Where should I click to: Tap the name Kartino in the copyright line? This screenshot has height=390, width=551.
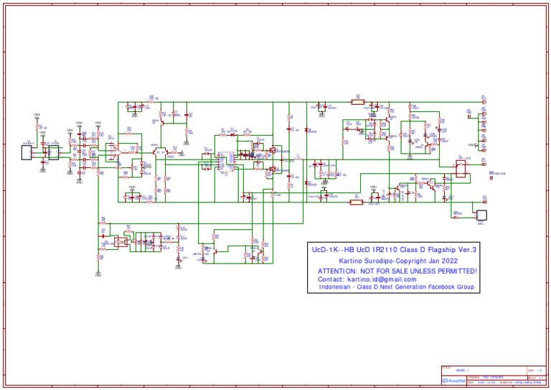353,260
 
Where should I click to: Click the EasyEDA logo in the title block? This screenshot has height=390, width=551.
453,381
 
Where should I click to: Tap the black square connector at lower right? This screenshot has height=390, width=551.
481,215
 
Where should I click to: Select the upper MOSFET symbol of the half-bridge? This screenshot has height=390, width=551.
273,151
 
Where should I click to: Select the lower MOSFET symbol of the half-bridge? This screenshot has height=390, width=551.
273,170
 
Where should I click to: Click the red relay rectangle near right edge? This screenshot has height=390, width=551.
461,167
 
